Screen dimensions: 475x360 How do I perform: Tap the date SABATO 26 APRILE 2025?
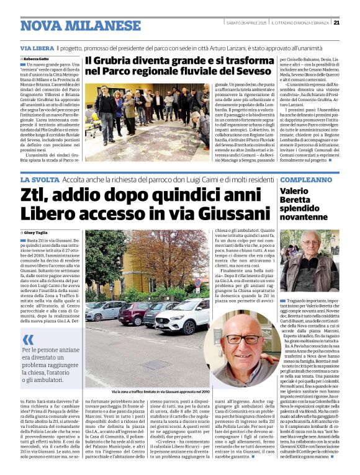pyautogui.click(x=247, y=23)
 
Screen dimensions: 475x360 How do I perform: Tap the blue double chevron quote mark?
pyautogui.click(x=28, y=339)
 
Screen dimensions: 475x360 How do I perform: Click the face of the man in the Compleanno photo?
pyautogui.click(x=310, y=241)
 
